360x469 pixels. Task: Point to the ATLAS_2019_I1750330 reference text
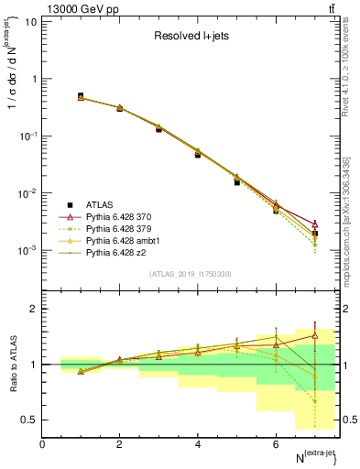(x=191, y=274)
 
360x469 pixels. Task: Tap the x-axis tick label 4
(x=198, y=444)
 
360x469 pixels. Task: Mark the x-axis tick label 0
(x=42, y=444)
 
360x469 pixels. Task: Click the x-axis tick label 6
(x=276, y=444)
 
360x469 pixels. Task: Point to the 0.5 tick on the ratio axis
(x=28, y=420)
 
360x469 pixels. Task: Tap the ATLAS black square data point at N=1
(x=81, y=96)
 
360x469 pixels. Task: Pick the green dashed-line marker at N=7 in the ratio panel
(x=315, y=401)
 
